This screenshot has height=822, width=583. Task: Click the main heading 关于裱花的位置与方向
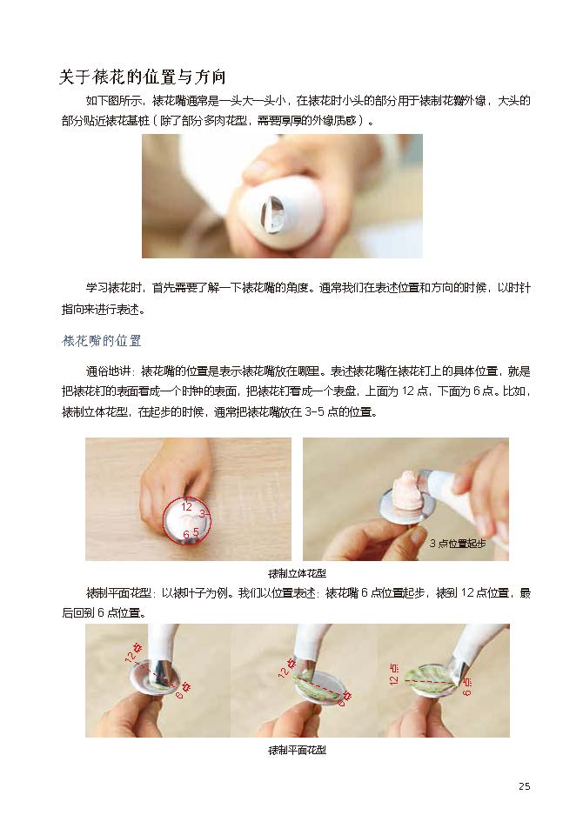[143, 77]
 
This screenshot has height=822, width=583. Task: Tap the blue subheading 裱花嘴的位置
[102, 341]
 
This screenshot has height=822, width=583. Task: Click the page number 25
[525, 785]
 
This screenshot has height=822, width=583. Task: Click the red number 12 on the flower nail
[186, 507]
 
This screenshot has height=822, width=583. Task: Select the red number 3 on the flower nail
[203, 514]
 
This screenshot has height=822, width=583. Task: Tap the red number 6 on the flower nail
[185, 535]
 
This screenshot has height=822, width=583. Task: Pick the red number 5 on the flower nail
[196, 532]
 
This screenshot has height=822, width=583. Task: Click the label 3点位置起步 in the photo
[458, 543]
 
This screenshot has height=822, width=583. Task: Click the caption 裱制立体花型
[297, 573]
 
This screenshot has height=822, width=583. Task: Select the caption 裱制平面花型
[297, 750]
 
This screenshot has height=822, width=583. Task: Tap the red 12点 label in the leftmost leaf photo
[134, 652]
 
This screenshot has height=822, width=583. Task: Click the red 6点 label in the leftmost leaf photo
[183, 692]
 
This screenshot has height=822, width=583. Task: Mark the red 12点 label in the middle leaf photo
[286, 667]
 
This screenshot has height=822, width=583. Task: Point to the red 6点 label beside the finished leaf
[467, 685]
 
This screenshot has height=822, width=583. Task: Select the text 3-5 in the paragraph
[314, 412]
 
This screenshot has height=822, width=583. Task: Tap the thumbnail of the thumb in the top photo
[258, 169]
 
